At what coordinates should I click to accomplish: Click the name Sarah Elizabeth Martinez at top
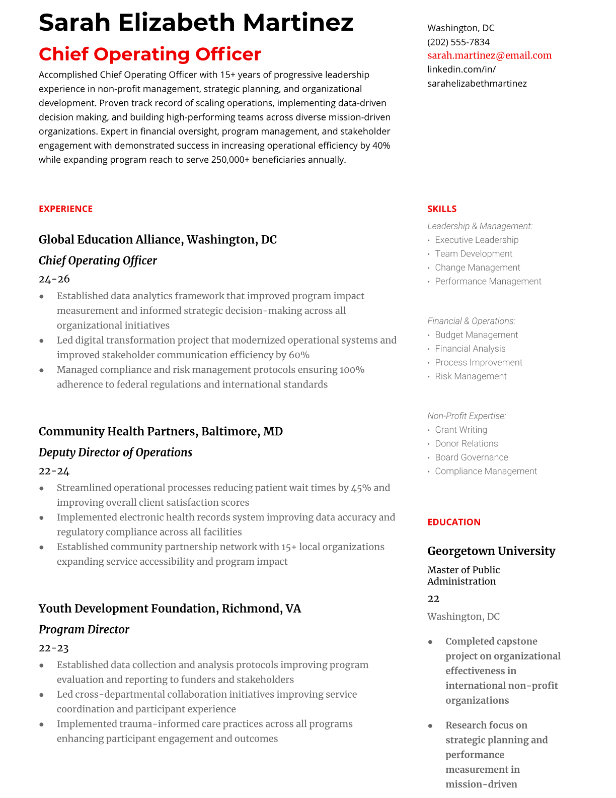[x=196, y=23]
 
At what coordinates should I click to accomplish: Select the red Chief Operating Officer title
[x=150, y=54]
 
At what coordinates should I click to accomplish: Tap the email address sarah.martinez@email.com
[x=489, y=55]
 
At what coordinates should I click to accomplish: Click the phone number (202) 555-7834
[x=458, y=42]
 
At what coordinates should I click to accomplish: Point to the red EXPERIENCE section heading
[x=65, y=209]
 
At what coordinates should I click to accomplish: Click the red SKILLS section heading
[x=441, y=209]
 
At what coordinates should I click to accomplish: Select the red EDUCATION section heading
[x=453, y=522]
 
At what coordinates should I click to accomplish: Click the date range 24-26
[x=54, y=279]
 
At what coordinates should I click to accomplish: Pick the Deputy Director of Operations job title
[x=115, y=452]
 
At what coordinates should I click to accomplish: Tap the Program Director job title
[x=84, y=629]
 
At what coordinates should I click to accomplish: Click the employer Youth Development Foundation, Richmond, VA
[x=170, y=609]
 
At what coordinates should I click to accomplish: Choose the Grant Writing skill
[x=460, y=430]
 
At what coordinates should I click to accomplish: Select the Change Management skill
[x=477, y=268]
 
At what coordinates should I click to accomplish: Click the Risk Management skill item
[x=471, y=376]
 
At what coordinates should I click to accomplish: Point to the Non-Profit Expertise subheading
[x=466, y=416]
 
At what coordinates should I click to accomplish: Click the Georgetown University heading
[x=491, y=551]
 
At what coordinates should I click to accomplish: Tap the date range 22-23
[x=53, y=648]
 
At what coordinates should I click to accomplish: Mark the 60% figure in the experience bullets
[x=299, y=355]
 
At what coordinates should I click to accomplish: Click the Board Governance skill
[x=471, y=457]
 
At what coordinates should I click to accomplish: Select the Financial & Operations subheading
[x=471, y=321]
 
